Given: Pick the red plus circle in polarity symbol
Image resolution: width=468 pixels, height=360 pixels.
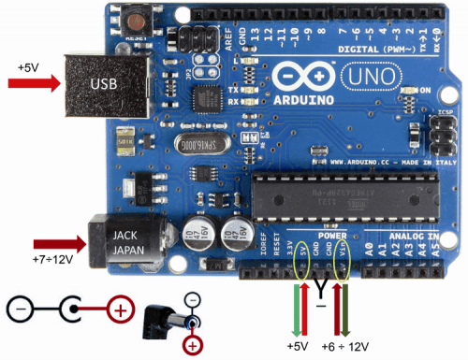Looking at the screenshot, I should click(x=120, y=308).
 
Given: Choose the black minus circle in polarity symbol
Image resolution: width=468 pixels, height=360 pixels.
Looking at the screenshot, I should click(x=20, y=308).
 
